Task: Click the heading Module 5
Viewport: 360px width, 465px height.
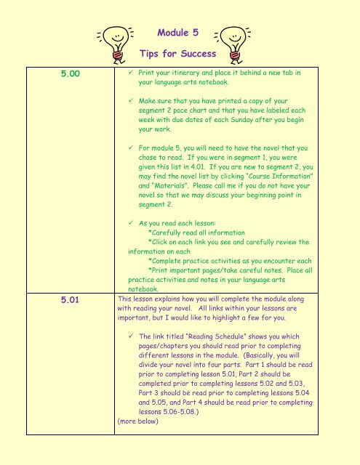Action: pyautogui.click(x=177, y=32)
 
